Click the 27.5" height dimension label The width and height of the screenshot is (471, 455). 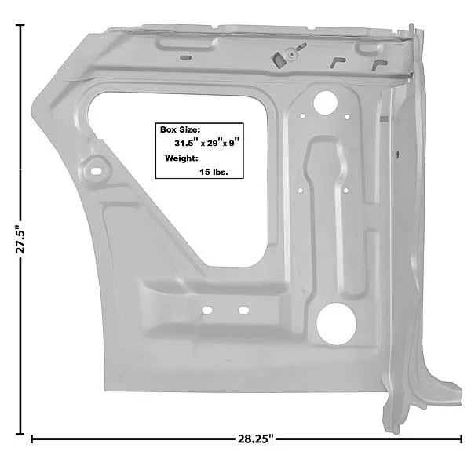[x=20, y=238]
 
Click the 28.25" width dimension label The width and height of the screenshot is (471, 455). [x=256, y=439]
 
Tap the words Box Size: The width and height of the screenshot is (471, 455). [x=180, y=129]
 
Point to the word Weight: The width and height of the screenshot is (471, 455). [x=181, y=158]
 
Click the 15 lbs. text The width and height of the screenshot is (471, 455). [x=214, y=172]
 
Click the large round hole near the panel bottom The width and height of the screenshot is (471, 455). [x=337, y=324]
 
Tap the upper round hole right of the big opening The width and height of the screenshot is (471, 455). [x=325, y=103]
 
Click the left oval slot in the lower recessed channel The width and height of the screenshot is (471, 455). [x=207, y=310]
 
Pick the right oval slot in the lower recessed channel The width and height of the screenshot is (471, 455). [x=243, y=310]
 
